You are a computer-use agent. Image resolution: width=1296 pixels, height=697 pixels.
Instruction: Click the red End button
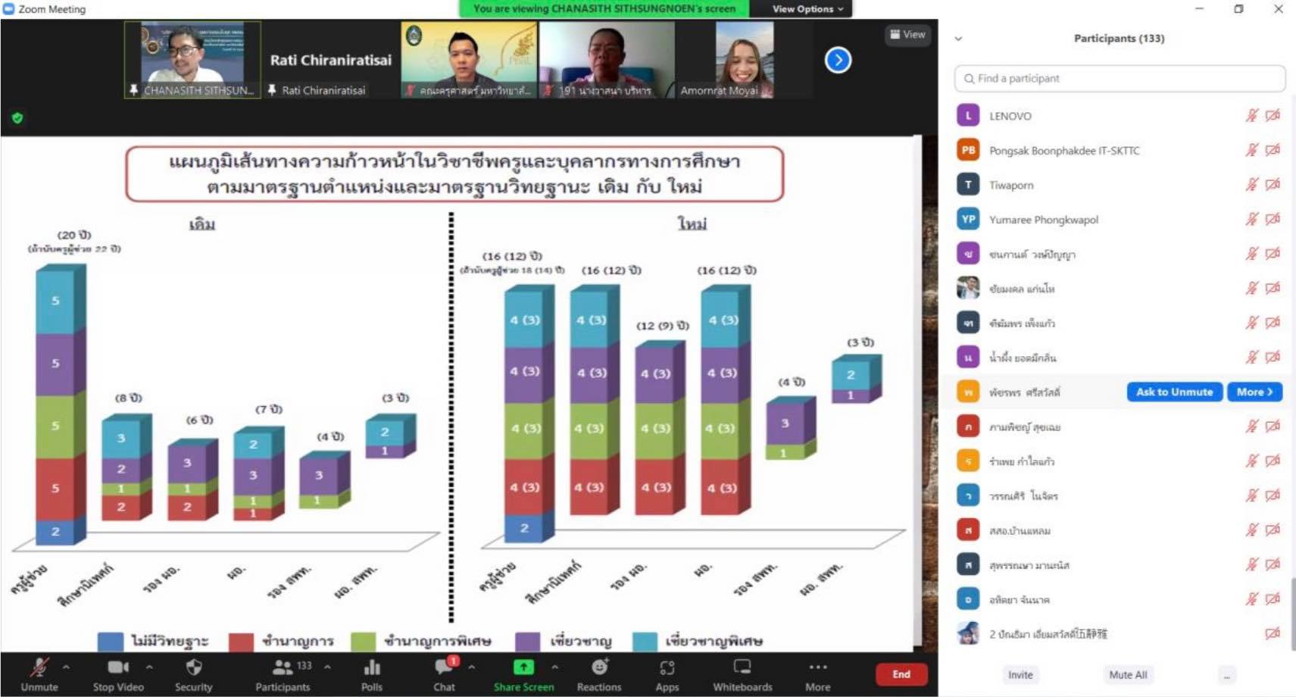901,674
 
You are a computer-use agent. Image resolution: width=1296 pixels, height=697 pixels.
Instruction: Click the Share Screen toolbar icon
523,667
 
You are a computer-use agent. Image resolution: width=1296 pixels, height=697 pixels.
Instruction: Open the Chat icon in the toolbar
444,667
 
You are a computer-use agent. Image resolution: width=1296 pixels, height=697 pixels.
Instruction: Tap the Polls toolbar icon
372,667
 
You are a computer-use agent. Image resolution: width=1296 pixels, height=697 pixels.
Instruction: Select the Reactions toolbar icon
599,667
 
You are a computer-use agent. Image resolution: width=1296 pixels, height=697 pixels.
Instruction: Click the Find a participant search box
1120,78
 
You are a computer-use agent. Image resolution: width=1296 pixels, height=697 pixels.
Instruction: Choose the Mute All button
1128,675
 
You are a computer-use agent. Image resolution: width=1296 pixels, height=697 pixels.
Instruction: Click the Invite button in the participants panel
1020,675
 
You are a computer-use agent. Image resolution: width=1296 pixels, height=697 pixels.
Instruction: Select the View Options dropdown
807,9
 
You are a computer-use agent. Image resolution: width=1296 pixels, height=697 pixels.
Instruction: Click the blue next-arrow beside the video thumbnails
838,60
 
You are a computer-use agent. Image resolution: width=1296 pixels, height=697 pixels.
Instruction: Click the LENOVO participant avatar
968,116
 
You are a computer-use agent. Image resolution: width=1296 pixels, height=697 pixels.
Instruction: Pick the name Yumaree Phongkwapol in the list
1043,220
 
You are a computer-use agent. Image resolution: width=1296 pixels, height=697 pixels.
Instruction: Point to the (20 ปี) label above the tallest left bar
74,235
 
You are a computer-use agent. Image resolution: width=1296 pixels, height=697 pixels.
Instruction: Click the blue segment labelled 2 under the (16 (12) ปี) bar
524,528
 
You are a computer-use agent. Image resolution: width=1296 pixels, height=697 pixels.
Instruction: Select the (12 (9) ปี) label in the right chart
662,326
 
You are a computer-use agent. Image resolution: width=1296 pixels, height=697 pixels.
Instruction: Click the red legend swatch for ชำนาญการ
241,642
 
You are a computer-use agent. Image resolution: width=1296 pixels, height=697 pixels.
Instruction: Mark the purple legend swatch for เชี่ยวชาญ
528,642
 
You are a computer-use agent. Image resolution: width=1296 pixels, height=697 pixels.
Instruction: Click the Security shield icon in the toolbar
194,667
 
